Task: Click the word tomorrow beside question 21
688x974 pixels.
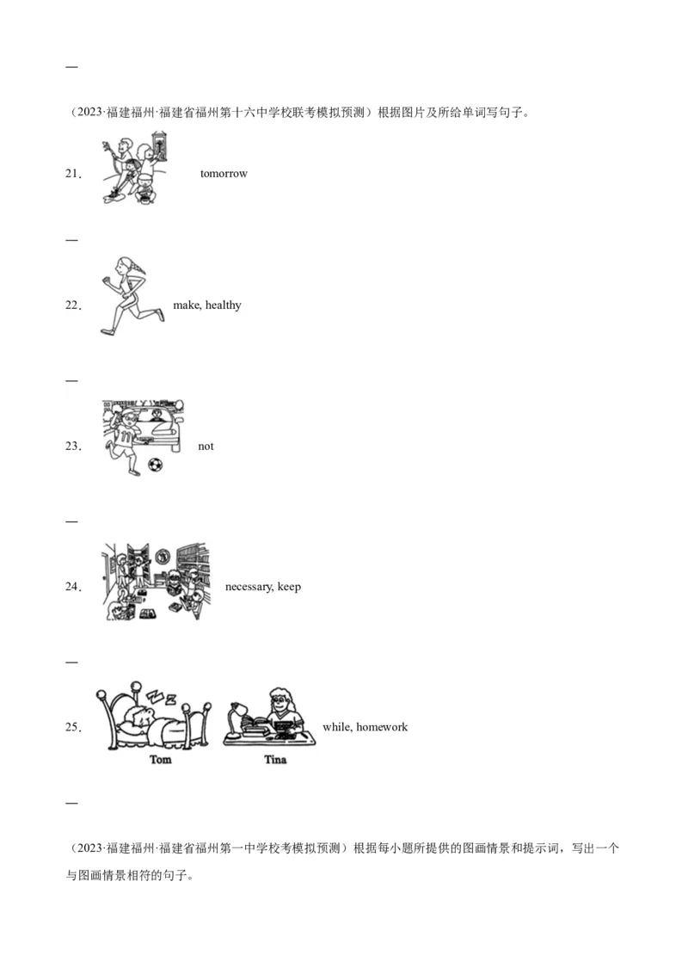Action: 224,174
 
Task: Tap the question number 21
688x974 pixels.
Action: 73,174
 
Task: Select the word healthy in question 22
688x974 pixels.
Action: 223,305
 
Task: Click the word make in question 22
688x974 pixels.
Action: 187,305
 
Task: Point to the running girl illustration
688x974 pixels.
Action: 132,296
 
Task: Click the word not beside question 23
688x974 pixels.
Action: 206,446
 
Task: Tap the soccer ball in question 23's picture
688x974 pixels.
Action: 156,464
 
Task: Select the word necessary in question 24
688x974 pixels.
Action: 249,587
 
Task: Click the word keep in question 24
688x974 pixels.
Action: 289,587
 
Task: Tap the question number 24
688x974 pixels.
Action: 73,587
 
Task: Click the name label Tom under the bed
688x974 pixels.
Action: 160,759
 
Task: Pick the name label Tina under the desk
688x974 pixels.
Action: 275,759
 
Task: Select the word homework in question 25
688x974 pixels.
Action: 382,727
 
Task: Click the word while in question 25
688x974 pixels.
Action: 337,727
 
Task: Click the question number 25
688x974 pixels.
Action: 73,727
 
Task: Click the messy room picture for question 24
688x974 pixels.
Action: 156,582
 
